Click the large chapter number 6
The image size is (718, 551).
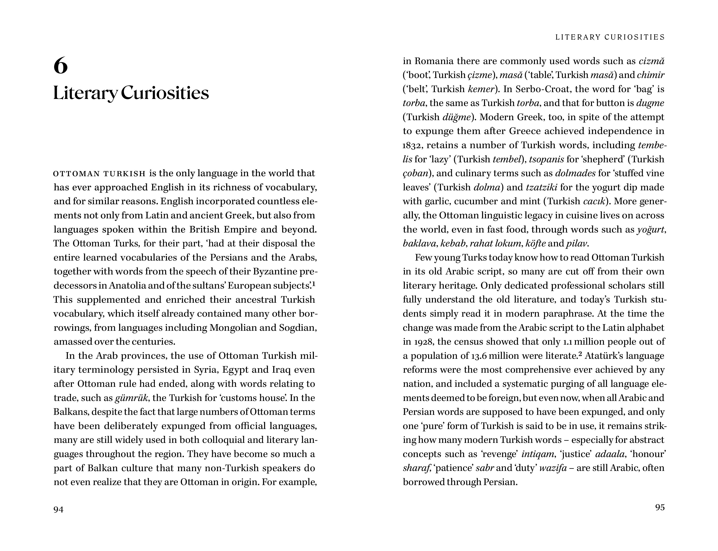tap(61, 65)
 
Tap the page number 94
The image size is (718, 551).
tap(58, 509)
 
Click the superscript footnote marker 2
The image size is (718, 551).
tap(580, 354)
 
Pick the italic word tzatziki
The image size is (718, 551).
tap(541, 187)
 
